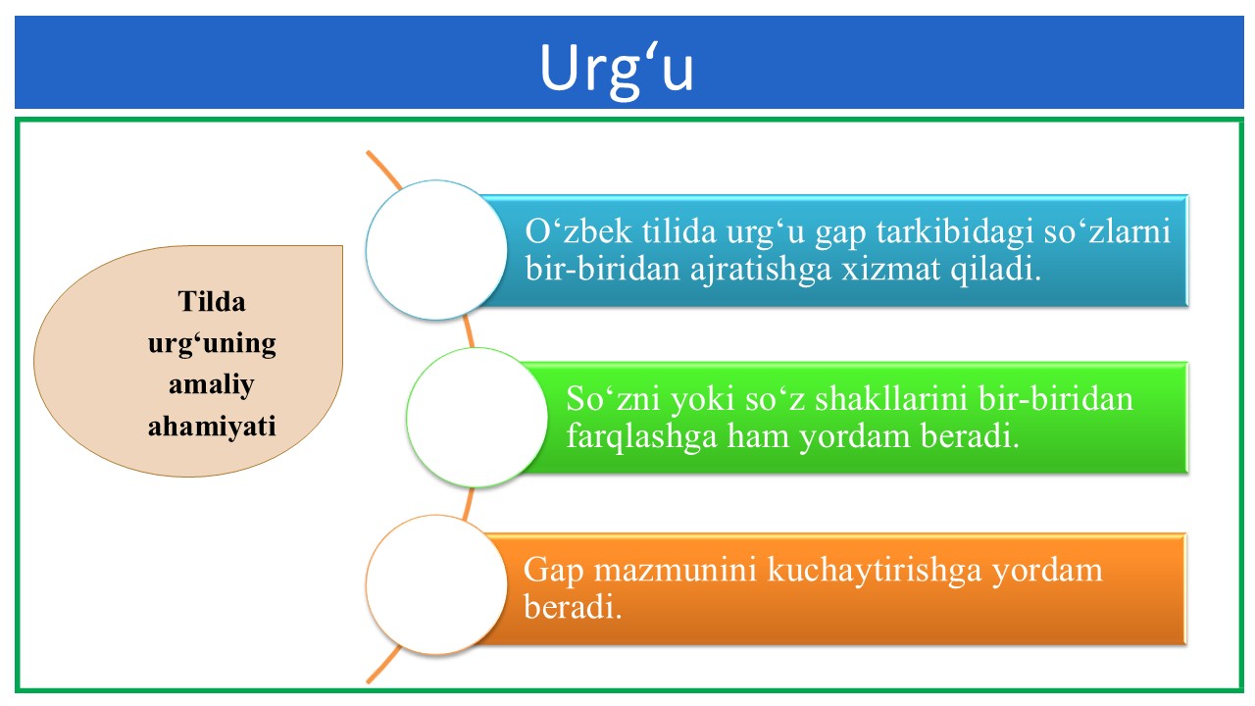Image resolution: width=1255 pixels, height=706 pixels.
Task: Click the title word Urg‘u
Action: (x=617, y=70)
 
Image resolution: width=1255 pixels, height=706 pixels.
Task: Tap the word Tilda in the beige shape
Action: (x=212, y=301)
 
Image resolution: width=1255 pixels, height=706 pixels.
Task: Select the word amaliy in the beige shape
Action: (x=212, y=385)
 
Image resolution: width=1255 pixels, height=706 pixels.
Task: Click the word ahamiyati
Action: (x=212, y=426)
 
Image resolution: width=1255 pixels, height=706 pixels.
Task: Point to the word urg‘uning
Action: (x=212, y=344)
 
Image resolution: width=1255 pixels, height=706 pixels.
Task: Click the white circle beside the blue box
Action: (x=436, y=250)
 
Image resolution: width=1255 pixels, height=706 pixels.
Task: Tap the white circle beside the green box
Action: (x=477, y=418)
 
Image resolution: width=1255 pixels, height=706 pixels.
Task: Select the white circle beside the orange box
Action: (x=436, y=585)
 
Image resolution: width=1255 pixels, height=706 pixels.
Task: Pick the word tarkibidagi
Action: (x=955, y=232)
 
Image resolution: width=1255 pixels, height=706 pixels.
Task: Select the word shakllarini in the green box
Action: (x=891, y=399)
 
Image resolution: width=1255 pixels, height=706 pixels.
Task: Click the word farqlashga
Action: (x=641, y=437)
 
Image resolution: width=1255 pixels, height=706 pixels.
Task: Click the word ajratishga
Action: (x=760, y=270)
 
